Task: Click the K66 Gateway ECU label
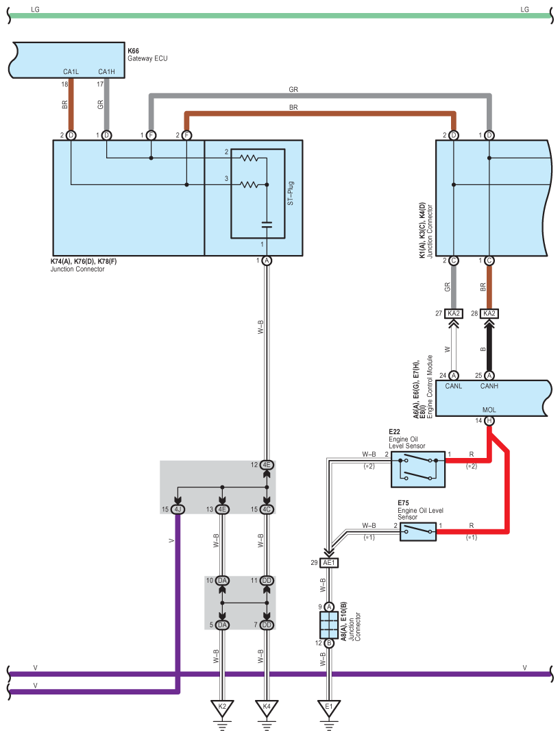coord(147,55)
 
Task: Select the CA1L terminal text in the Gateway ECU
coord(71,71)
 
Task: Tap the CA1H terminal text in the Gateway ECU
coord(107,71)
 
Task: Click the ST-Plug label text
coord(291,193)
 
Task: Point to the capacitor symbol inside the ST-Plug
coord(267,225)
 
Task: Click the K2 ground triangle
coord(222,708)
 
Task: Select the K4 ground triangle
coord(267,708)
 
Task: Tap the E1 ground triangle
coord(329,708)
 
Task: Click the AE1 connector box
coord(329,563)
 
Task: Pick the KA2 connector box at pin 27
coord(453,313)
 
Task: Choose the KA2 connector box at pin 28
coord(489,313)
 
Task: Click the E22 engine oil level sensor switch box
coord(417,469)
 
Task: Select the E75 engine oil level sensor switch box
coord(417,531)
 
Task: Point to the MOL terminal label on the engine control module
coord(489,410)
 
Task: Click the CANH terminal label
coord(489,386)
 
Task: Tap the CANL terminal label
coord(453,386)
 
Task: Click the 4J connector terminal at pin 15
coord(178,509)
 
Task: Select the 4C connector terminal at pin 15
coord(267,509)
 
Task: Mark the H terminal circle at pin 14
coord(489,421)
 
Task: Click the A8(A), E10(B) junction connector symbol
coord(329,625)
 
